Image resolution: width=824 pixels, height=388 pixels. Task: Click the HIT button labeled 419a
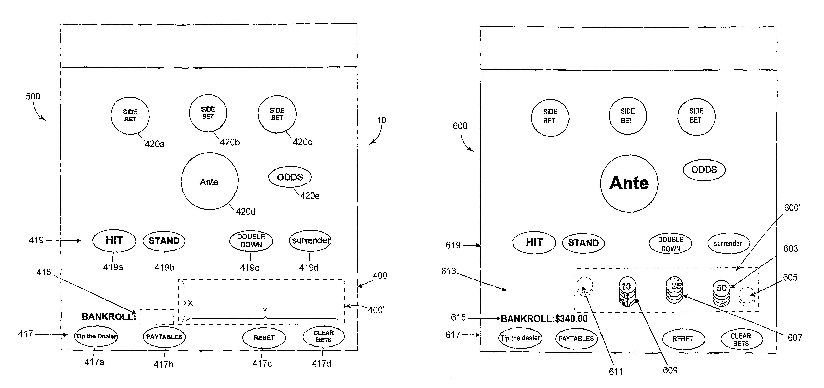114,240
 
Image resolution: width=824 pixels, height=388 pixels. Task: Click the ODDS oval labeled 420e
290,177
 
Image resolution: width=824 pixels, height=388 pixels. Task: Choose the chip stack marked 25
674,290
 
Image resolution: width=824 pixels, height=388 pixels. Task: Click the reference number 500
33,96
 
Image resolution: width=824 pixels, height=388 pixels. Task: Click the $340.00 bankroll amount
571,319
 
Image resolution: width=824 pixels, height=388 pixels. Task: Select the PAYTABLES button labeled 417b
164,337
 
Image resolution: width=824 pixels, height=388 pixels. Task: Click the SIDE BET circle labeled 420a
130,116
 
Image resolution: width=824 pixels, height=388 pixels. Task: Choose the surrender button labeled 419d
310,240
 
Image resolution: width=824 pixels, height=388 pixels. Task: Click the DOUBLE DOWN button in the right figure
671,244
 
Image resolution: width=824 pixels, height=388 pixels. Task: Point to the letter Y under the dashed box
265,311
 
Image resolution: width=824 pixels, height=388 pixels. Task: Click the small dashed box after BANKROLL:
157,317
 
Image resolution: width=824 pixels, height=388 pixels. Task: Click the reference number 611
616,371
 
